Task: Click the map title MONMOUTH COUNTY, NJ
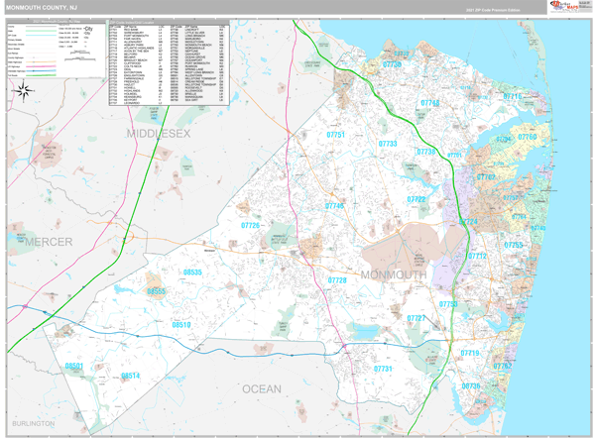point(43,7)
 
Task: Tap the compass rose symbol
point(23,92)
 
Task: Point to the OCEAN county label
point(262,389)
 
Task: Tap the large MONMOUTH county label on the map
point(393,274)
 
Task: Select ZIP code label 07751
point(335,134)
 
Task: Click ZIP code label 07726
point(251,226)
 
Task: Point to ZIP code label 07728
point(337,280)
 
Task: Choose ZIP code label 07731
point(384,369)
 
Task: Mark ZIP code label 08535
point(192,272)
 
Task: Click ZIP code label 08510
point(180,324)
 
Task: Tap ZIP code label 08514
point(131,376)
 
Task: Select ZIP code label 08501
point(74,367)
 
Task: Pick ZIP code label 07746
point(335,206)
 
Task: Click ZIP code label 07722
point(416,199)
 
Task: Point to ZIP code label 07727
point(416,318)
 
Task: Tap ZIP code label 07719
point(469,353)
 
